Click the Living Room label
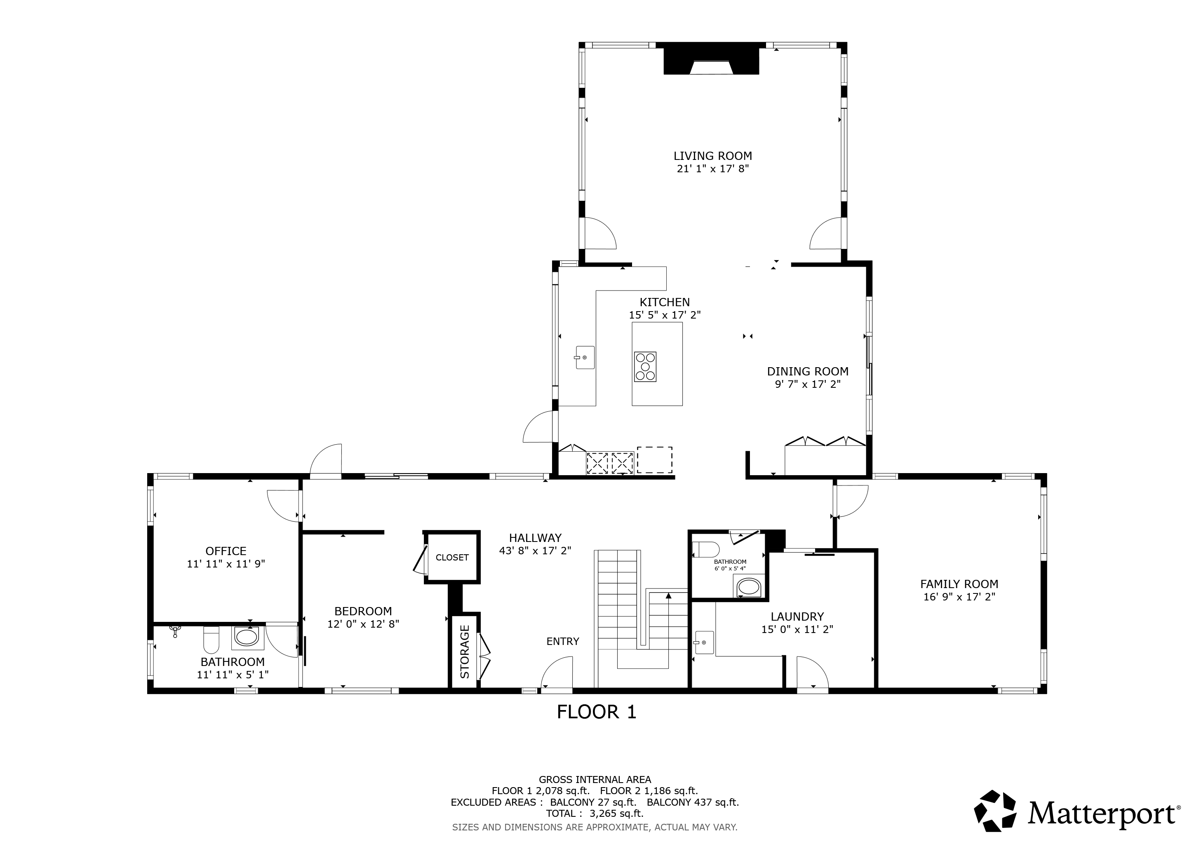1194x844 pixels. [712, 156]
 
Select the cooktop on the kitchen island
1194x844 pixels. [645, 367]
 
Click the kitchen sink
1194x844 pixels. [585, 358]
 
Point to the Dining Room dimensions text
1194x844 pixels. [808, 384]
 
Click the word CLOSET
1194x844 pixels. [452, 558]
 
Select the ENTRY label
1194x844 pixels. [563, 641]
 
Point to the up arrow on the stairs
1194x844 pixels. [669, 595]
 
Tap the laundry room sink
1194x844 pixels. [704, 642]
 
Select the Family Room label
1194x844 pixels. [959, 584]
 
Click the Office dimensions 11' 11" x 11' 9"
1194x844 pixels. [226, 564]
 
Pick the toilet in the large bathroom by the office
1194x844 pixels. [211, 640]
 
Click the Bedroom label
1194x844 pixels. [363, 611]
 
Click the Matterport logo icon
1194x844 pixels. [995, 811]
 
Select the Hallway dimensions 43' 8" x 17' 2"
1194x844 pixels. [535, 551]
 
